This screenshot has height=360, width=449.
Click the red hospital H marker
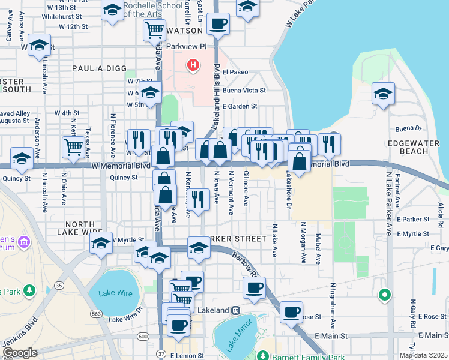pos(193,64)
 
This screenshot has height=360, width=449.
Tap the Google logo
pos(20,353)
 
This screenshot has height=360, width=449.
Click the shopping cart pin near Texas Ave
pos(73,146)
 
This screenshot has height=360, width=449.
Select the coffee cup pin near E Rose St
pos(292,311)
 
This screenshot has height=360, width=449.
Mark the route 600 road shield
pos(143,337)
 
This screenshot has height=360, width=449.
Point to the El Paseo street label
pos(235,72)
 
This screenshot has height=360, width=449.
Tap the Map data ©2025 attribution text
pos(423,355)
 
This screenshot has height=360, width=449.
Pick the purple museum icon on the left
pos(24,242)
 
